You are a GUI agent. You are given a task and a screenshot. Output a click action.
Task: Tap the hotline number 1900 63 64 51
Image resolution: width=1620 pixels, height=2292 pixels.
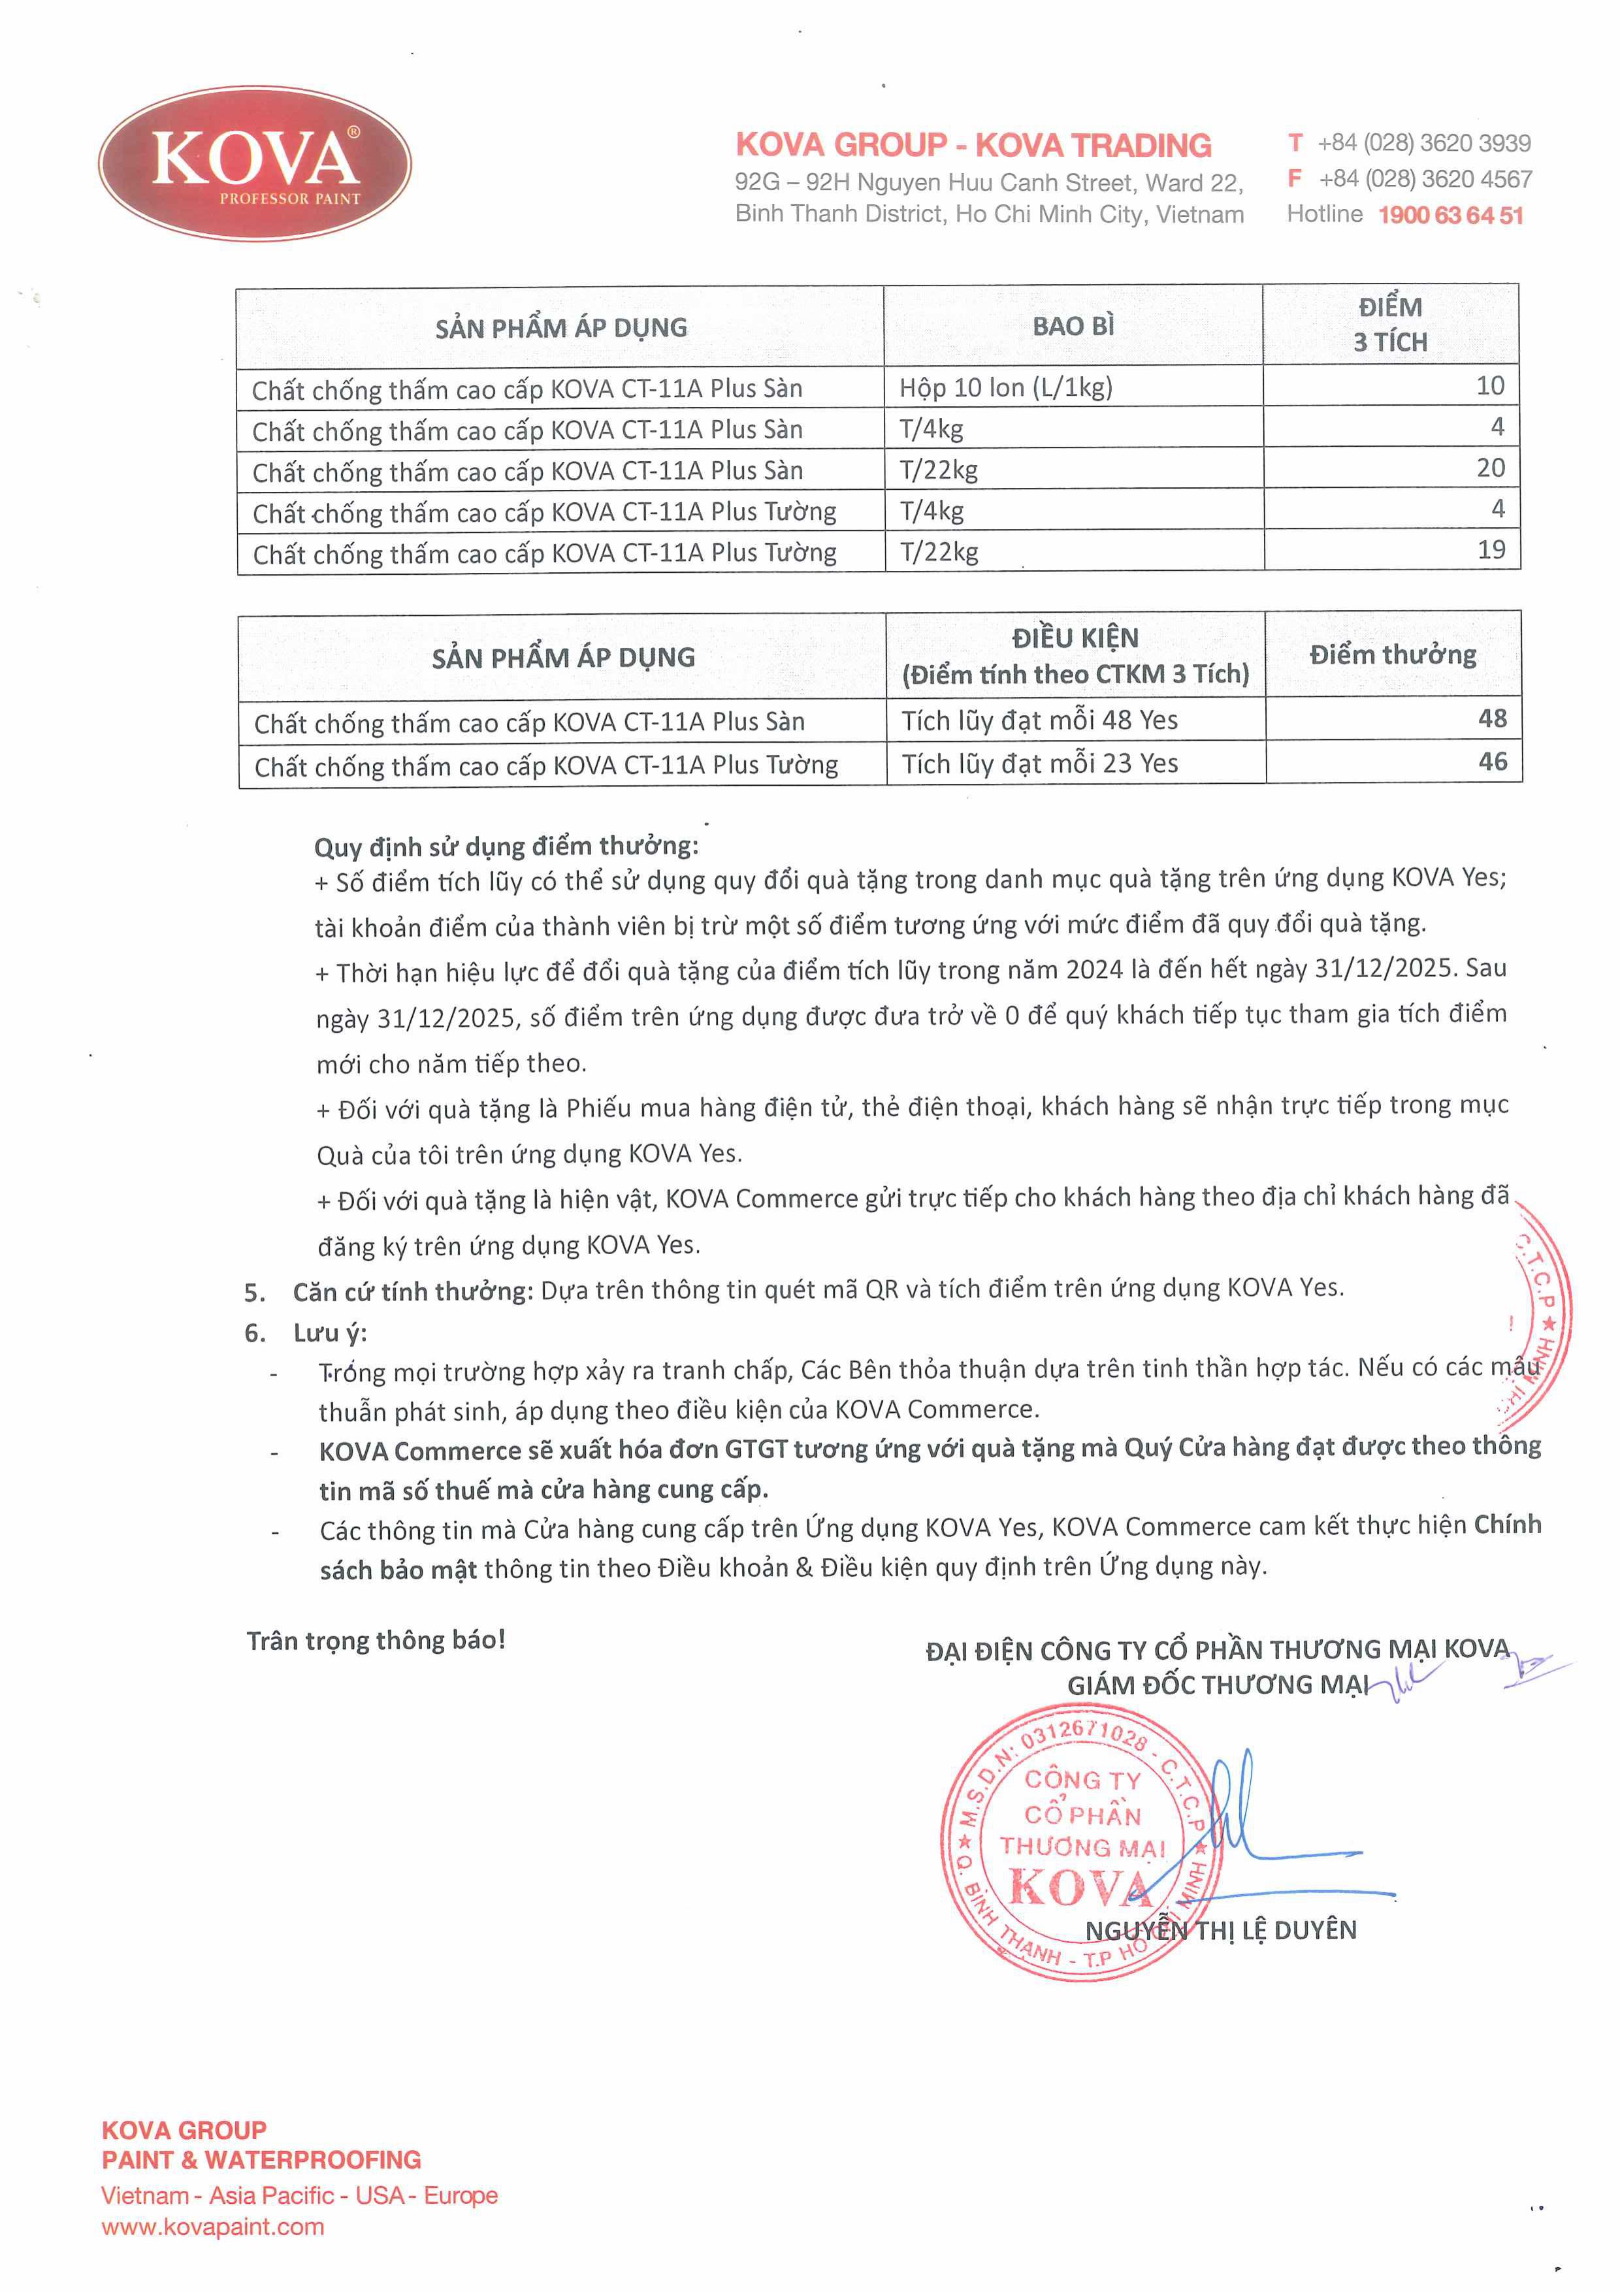pos(1450,216)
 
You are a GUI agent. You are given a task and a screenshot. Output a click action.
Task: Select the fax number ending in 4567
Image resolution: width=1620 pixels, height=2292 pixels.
pos(1425,180)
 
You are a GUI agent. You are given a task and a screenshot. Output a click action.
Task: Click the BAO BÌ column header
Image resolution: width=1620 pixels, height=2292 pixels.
pos(1073,327)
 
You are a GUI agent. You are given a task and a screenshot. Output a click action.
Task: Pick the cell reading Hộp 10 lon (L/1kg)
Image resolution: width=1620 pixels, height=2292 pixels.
pos(1005,387)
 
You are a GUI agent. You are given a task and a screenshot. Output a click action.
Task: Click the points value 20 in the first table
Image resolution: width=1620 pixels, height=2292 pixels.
pos(1490,468)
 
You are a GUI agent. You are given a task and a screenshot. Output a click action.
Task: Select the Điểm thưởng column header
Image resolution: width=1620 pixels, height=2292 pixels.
pos(1393,655)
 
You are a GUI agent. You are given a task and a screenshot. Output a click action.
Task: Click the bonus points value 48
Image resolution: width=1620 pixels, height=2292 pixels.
pos(1492,718)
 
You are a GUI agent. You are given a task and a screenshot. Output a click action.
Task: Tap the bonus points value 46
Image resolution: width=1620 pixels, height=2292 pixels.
pos(1492,762)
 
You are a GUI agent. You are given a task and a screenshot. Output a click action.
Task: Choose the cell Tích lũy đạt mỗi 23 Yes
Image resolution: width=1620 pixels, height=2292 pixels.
pos(1039,764)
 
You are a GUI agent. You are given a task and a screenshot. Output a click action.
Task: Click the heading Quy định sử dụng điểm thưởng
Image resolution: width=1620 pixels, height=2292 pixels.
pos(506,847)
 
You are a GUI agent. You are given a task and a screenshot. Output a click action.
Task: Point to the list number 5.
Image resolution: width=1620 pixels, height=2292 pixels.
pos(255,1293)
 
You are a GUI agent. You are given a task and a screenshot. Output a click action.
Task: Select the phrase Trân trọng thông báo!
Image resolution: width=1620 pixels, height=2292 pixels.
pos(376,1640)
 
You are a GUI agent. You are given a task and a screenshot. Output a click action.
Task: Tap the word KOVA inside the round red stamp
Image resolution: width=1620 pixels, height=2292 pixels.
pos(1079,1887)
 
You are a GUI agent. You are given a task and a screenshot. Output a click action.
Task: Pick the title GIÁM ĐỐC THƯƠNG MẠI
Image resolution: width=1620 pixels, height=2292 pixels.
pos(1218,1685)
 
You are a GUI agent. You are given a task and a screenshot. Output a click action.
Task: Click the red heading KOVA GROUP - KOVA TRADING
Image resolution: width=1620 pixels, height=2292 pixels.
pos(973,146)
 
